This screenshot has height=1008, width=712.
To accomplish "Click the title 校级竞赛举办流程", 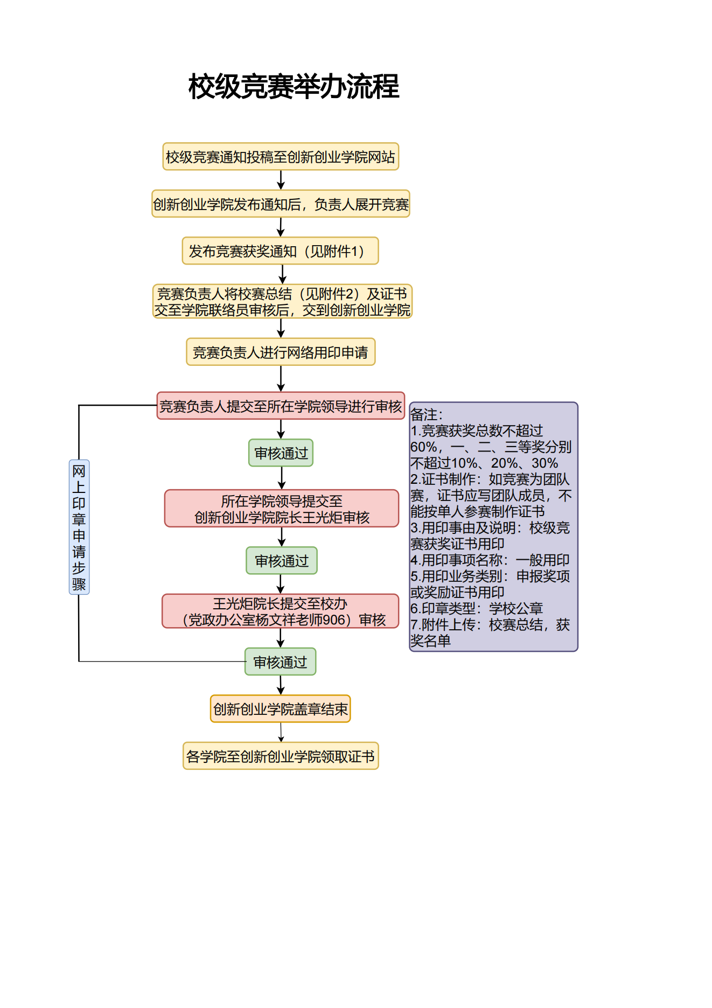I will tap(294, 87).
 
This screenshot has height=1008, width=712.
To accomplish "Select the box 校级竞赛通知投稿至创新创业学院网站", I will tap(281, 157).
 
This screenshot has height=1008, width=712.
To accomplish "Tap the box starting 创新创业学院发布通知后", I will tap(281, 204).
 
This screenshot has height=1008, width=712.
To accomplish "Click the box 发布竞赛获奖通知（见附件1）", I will tap(280, 251).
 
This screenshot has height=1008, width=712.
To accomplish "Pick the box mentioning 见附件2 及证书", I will tap(282, 302).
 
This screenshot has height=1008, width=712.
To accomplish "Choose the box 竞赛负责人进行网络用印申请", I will tap(281, 352).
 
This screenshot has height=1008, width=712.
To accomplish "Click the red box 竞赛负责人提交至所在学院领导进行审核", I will tap(281, 406).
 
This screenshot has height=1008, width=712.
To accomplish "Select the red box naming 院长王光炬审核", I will tap(282, 509).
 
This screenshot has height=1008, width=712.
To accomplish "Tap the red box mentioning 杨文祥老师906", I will tap(281, 611).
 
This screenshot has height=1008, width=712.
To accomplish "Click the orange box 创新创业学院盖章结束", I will tap(281, 709).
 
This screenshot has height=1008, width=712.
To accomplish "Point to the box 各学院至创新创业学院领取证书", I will tap(281, 756).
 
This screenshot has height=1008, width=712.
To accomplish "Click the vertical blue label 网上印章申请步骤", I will tap(79, 527).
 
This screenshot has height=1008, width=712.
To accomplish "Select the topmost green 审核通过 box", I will tap(281, 453).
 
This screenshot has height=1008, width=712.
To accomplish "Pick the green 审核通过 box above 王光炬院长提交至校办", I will tap(282, 561).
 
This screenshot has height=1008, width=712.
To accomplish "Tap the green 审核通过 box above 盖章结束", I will tap(281, 662).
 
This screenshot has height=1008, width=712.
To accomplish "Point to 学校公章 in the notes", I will tap(515, 609).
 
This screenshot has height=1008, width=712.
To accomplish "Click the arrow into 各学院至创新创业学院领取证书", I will tap(281, 733).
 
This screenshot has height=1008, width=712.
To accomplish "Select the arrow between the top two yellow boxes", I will tap(281, 180).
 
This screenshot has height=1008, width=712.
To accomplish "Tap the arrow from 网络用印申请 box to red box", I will tap(281, 379).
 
